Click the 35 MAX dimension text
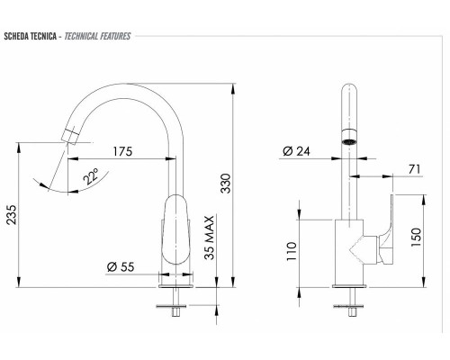point(209,238)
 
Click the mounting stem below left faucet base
point(174,301)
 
